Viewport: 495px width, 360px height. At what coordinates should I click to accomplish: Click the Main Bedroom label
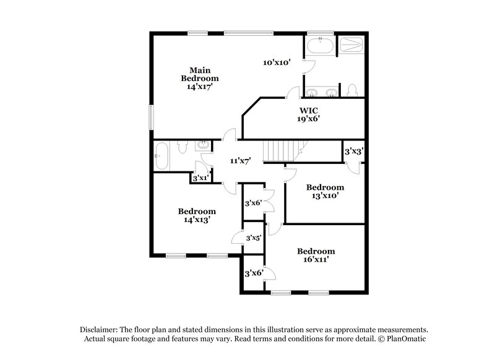tap(199, 79)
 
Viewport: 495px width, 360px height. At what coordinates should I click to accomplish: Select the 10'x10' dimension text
tap(276, 62)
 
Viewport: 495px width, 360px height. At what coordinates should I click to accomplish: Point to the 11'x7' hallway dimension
tap(240, 161)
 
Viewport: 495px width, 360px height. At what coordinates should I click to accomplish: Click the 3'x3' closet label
tap(353, 151)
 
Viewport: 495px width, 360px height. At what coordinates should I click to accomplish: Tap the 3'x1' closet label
tap(199, 178)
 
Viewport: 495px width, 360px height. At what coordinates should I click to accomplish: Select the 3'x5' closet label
tap(253, 238)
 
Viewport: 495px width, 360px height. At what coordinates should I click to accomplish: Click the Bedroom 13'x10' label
tap(325, 191)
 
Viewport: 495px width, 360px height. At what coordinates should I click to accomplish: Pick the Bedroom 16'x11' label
tap(316, 255)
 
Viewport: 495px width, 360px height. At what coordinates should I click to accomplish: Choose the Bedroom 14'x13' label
tap(197, 215)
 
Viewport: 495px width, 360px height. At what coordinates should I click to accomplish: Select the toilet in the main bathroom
tap(353, 91)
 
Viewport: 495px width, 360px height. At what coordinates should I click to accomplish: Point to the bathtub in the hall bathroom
tap(162, 155)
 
